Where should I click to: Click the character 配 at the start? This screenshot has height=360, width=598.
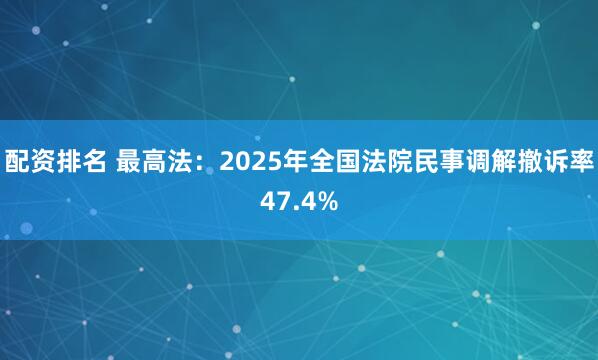pyautogui.click(x=16, y=160)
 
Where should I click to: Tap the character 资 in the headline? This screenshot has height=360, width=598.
pyautogui.click(x=42, y=160)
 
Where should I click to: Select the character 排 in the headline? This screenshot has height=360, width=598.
pyautogui.click(x=68, y=160)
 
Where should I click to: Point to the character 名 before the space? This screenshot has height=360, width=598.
pyautogui.click(x=94, y=160)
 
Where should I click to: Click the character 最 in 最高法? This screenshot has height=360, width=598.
pyautogui.click(x=129, y=160)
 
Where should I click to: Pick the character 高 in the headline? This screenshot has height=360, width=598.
pyautogui.click(x=155, y=160)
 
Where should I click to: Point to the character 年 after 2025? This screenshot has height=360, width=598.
pyautogui.click(x=290, y=160)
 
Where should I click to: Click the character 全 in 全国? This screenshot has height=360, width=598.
pyautogui.click(x=316, y=160)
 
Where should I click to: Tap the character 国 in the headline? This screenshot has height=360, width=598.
pyautogui.click(x=342, y=160)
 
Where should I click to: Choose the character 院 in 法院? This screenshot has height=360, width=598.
pyautogui.click(x=394, y=160)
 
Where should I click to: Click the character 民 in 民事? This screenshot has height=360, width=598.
pyautogui.click(x=420, y=160)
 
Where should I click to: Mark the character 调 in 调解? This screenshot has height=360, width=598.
pyautogui.click(x=472, y=160)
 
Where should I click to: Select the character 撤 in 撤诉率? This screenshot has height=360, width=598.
pyautogui.click(x=524, y=160)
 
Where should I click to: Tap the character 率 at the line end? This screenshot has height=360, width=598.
pyautogui.click(x=577, y=160)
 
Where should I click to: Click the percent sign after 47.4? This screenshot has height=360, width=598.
pyautogui.click(x=328, y=201)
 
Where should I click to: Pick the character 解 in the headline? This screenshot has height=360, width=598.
pyautogui.click(x=498, y=160)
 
